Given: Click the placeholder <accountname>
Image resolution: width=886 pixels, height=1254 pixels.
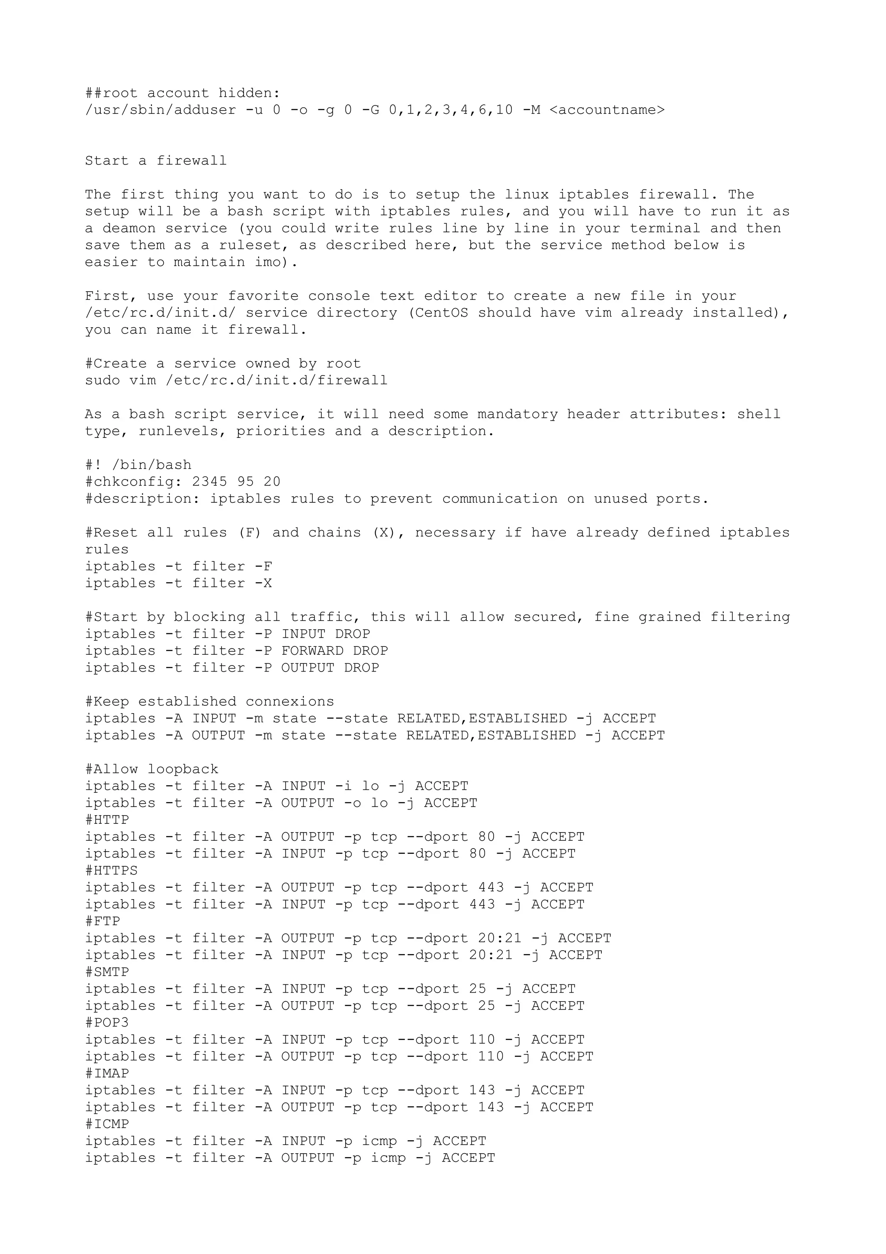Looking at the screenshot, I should pyautogui.click(x=607, y=110).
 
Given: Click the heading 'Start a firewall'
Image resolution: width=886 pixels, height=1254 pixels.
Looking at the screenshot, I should pyautogui.click(x=156, y=161).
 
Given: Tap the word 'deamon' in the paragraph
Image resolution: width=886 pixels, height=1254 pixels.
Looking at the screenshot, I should pyautogui.click(x=129, y=228).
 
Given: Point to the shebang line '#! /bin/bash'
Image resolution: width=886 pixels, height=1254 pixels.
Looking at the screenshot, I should pyautogui.click(x=138, y=465).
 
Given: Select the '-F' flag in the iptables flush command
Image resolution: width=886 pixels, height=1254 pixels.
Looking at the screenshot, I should pyautogui.click(x=263, y=566).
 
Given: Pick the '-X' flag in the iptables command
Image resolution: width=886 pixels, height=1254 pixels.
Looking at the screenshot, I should pyautogui.click(x=263, y=583).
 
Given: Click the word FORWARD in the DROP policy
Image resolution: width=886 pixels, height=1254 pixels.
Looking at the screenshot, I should pyautogui.click(x=312, y=651).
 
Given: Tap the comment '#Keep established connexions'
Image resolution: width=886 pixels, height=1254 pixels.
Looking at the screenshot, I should pyautogui.click(x=210, y=702).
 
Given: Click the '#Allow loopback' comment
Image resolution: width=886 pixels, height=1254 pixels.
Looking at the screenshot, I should pyautogui.click(x=152, y=769).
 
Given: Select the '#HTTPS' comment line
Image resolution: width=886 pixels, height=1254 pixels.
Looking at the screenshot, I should pyautogui.click(x=111, y=871).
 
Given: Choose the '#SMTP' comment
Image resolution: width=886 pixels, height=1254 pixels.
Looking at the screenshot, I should pyautogui.click(x=107, y=972).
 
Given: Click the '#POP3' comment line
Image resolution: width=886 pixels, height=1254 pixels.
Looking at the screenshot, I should pyautogui.click(x=107, y=1022).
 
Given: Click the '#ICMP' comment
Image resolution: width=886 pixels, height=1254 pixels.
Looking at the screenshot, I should pyautogui.click(x=107, y=1124).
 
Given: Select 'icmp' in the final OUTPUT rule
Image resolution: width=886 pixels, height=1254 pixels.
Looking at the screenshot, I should pyautogui.click(x=388, y=1158).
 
